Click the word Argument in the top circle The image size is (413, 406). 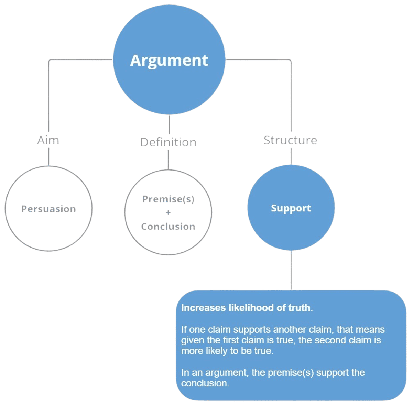169,61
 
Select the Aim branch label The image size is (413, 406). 48,140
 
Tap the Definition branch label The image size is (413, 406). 169,142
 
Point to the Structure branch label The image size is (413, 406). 290,140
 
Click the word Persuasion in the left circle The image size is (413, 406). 48,209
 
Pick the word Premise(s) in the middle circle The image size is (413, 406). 168,199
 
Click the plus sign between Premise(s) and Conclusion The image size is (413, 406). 168,212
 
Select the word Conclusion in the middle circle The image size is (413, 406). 168,227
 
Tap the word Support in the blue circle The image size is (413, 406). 291,208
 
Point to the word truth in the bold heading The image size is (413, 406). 299,308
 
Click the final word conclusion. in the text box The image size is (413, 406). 205,383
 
